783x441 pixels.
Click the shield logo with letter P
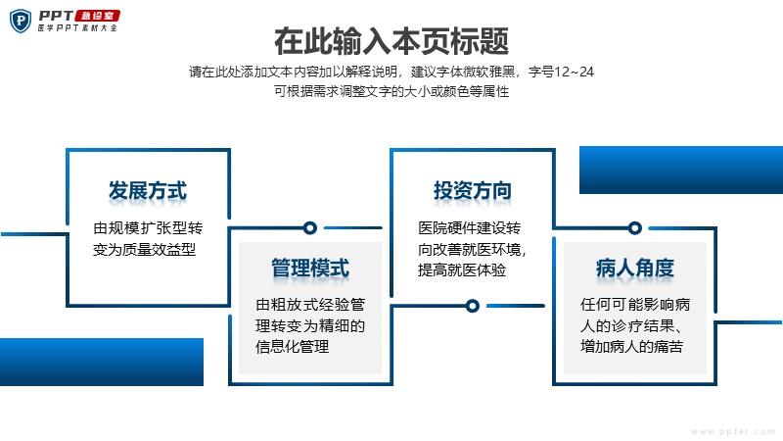21,21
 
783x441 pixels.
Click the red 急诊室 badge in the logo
97,16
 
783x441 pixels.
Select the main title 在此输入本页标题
391,41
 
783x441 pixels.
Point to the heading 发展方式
148,190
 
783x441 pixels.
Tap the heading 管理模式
310,268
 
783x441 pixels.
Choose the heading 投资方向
473,190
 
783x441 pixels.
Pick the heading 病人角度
634,268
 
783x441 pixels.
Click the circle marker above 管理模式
310,228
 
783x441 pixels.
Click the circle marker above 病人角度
634,228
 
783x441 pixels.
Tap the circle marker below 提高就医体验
473,306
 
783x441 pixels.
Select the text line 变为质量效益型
144,249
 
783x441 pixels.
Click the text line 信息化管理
292,347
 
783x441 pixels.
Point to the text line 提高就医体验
462,270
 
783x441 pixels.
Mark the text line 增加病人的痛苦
631,347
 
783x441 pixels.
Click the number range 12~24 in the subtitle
575,72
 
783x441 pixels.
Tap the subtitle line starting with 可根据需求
391,91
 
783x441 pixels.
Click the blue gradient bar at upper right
681,170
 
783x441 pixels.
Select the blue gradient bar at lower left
102,362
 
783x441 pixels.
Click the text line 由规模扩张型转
148,228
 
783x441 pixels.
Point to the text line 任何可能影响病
635,304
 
